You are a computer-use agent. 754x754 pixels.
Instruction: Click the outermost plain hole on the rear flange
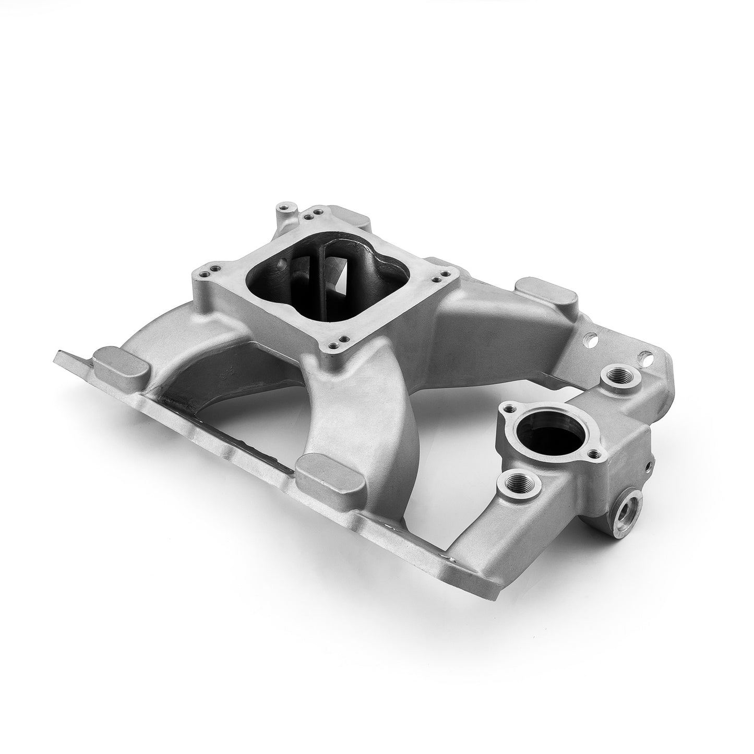648,359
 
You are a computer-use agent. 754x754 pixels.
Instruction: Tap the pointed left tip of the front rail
57,357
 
